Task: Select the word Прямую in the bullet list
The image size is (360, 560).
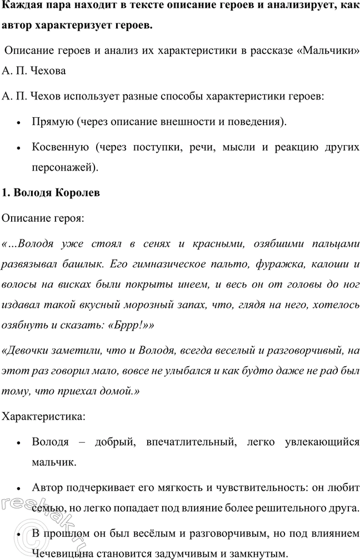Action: coord(52,121)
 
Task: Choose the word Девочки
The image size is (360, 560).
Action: coord(30,351)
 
